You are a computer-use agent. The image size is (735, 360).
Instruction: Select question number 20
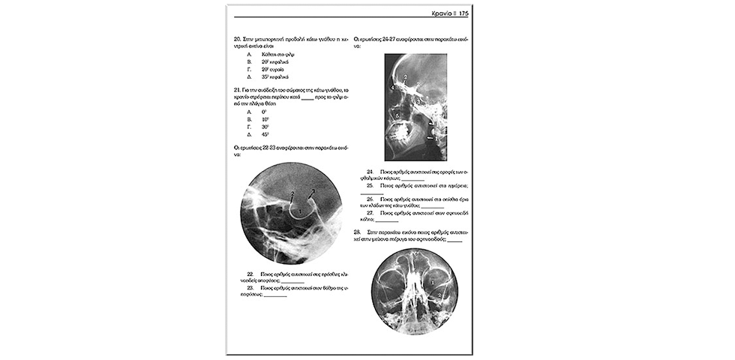[x=238, y=37]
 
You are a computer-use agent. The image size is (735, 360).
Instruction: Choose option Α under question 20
[x=249, y=55]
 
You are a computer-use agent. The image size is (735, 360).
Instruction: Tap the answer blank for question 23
[x=275, y=295]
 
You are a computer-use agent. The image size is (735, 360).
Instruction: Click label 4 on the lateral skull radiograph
[x=393, y=88]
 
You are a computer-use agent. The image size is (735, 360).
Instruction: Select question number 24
[x=370, y=172]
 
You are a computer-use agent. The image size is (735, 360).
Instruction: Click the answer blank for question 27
[x=387, y=220]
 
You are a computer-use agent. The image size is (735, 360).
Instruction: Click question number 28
[x=357, y=232]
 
